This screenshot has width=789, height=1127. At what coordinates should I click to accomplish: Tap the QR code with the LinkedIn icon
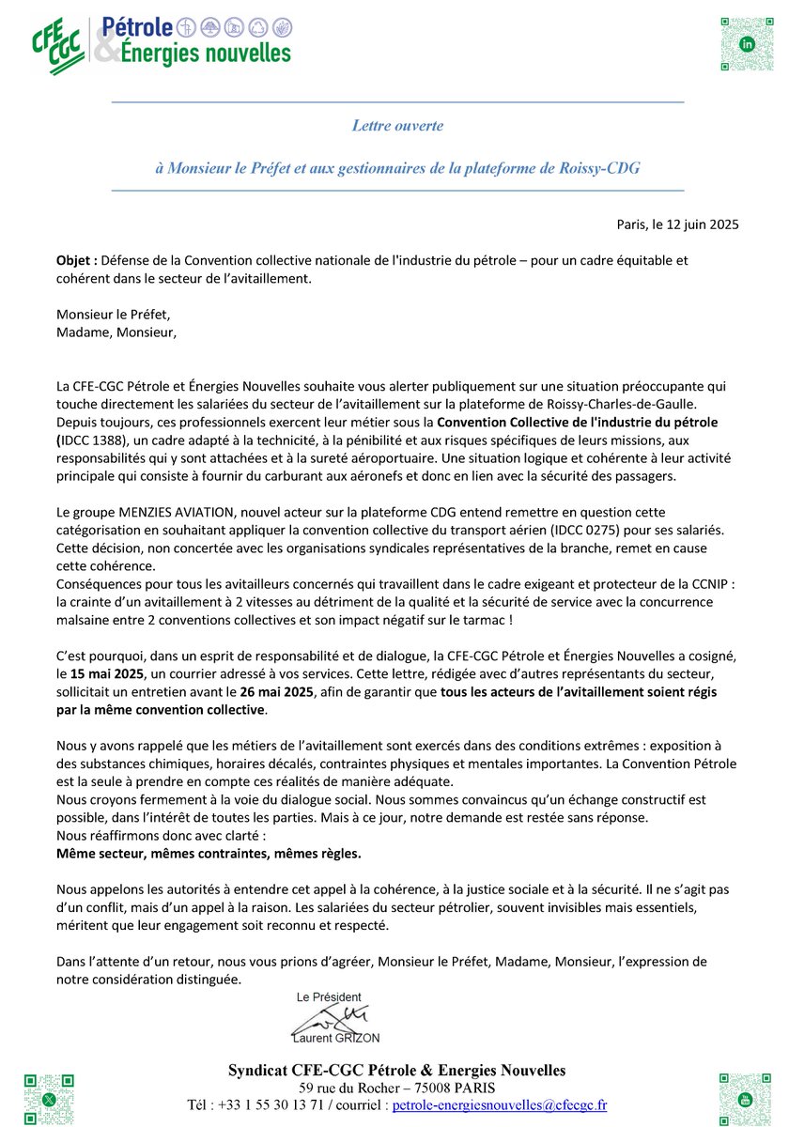coord(747,44)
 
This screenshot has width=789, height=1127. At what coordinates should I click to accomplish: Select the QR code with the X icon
coord(49,1098)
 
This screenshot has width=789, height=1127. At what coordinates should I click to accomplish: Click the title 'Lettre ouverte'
coord(397,125)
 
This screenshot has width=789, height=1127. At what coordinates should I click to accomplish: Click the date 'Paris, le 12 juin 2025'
coord(677,224)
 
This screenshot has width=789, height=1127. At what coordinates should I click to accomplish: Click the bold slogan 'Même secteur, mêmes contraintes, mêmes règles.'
coord(209,853)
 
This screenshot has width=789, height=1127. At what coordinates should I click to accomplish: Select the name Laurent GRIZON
coord(336,1037)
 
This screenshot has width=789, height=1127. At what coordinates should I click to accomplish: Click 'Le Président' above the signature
coord(329,996)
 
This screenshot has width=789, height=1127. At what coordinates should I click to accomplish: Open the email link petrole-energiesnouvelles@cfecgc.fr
coord(499,1104)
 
